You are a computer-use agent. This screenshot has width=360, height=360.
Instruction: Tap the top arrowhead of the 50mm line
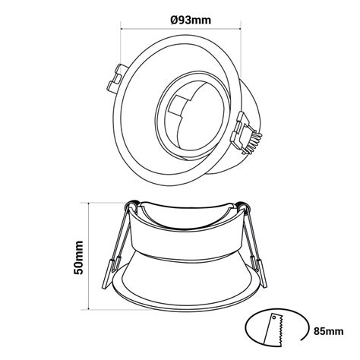[x=92, y=204]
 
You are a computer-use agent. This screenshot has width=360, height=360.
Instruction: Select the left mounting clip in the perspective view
[x=119, y=76]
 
